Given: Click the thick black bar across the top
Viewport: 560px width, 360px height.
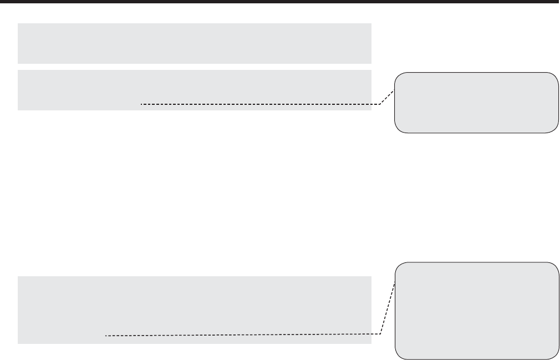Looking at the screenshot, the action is (280, 2).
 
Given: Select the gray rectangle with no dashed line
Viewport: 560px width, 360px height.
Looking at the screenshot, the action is (194, 43).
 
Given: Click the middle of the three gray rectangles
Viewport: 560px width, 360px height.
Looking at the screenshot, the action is (194, 90).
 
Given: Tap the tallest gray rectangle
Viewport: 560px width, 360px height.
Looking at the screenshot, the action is (194, 310).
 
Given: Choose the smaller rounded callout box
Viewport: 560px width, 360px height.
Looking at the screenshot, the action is (476, 103).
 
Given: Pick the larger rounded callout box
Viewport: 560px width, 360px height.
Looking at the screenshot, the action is (476, 311).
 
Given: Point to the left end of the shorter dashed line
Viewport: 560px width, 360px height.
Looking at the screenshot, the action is (141, 104).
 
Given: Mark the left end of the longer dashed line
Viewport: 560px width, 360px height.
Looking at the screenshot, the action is (105, 335).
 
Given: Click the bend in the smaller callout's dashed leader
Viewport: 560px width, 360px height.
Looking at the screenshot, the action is (380, 104).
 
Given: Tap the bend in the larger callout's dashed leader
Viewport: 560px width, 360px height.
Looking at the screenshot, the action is (381, 334).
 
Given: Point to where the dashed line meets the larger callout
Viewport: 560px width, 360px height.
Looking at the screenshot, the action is (395, 282).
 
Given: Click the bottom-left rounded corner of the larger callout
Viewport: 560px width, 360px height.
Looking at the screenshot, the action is (399, 356).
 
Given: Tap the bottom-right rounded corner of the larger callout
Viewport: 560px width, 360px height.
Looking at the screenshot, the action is (554, 356).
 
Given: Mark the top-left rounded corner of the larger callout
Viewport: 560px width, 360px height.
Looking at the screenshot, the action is (399, 266).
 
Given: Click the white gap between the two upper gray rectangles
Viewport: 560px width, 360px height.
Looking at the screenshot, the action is (194, 67).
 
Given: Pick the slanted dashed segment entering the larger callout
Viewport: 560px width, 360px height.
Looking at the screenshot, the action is (389, 308).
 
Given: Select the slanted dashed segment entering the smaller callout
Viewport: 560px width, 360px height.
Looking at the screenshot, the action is (388, 97).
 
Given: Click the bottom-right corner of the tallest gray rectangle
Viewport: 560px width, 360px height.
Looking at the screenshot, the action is (370, 343).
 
